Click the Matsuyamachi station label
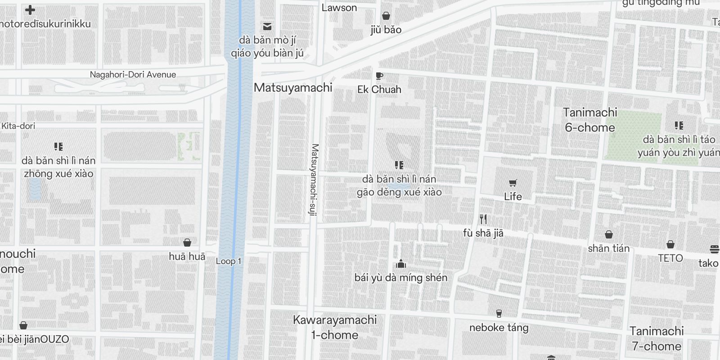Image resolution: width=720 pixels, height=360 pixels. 293,87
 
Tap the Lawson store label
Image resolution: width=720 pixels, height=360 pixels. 339,8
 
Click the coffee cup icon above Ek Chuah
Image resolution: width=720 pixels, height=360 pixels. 379,76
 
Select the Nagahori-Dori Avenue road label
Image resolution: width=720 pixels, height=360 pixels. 133,75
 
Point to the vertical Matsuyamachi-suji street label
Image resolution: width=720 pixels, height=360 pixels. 315,180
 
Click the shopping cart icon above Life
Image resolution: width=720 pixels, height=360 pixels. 513,183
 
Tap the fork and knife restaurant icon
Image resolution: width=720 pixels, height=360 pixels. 483,219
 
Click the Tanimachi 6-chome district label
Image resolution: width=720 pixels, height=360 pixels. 589,120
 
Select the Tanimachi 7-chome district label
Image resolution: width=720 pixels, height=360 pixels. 656,338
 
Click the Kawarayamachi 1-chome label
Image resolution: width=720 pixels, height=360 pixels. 335,327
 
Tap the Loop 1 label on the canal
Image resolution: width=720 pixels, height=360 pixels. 229,261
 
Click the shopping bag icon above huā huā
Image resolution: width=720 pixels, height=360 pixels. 187,243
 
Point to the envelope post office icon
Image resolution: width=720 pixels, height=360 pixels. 267,26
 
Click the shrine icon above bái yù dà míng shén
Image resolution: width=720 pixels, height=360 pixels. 400,264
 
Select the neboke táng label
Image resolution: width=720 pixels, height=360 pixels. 499,328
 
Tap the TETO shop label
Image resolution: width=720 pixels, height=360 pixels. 670,258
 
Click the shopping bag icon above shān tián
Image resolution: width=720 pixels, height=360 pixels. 608,234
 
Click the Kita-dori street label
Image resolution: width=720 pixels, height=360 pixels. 18,126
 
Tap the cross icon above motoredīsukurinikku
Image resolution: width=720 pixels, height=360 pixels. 30,10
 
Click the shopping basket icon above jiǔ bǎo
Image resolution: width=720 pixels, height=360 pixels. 386,16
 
